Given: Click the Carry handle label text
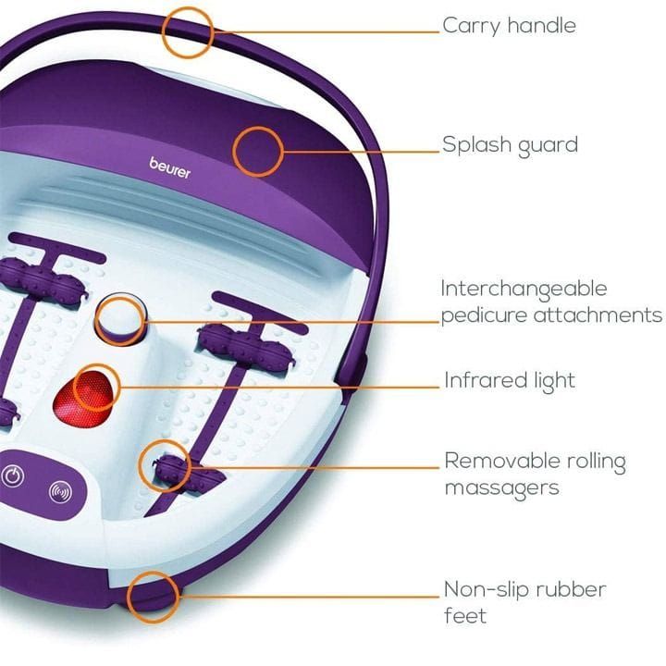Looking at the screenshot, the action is tap(509, 26).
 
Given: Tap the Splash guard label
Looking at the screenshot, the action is tap(510, 145).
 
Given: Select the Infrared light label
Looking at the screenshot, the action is tap(510, 380).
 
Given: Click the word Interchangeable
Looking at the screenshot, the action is tap(524, 290).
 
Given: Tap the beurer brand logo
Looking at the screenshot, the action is tap(170, 167).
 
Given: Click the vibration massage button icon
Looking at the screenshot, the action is tap(60, 492).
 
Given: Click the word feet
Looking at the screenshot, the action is tap(465, 616).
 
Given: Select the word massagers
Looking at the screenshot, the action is tap(501, 488).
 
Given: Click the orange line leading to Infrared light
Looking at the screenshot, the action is tap(279, 387).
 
